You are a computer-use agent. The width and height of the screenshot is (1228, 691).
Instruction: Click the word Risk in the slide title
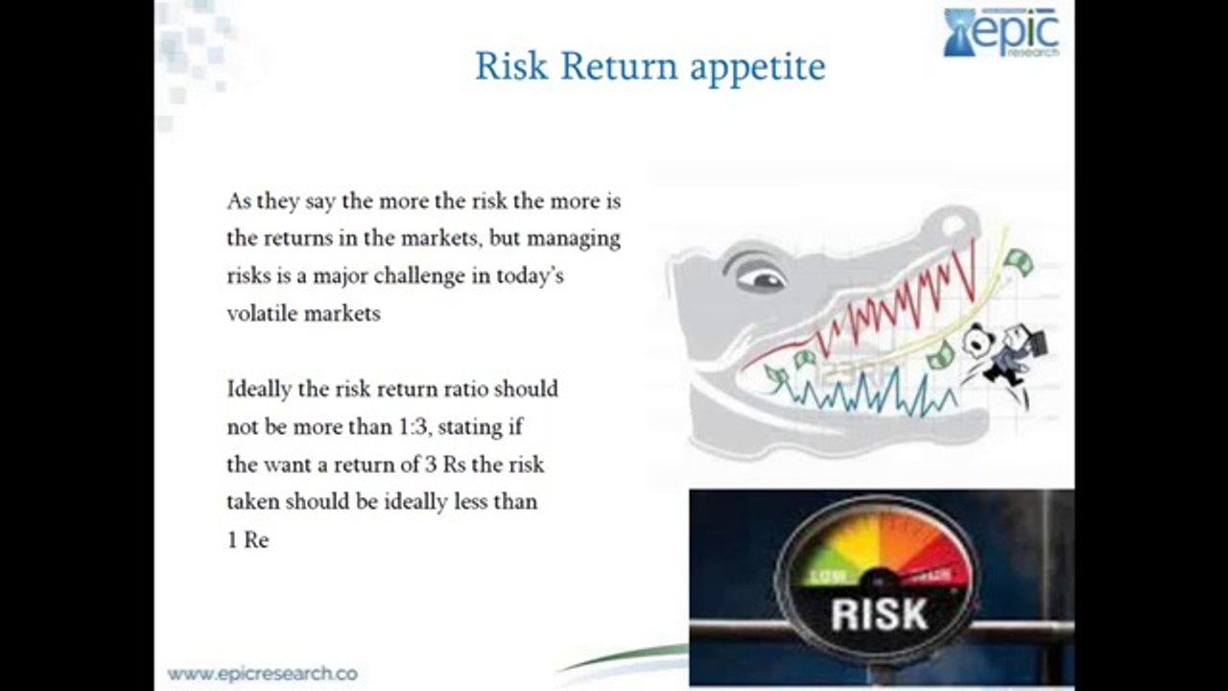pos(511,66)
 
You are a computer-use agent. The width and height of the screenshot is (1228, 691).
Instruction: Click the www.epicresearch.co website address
pos(262,674)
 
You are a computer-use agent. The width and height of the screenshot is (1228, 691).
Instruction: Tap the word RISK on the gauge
pos(879,613)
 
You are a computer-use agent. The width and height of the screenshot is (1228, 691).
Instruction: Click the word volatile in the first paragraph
pos(261,313)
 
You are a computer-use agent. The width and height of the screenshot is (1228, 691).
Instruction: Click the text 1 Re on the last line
pos(248,540)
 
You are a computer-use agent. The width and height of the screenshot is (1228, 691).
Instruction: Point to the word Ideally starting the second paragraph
pos(257,390)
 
